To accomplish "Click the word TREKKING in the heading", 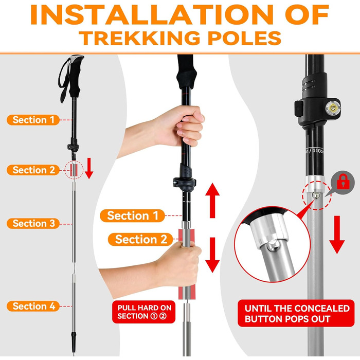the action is [x=141, y=38].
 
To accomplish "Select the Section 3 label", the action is [x=33, y=223].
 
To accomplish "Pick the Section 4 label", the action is [x=33, y=307].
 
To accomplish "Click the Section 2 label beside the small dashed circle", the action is [x=33, y=170].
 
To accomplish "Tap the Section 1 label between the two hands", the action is [x=133, y=215].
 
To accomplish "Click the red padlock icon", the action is [x=343, y=182].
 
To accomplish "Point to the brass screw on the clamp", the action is [x=333, y=107].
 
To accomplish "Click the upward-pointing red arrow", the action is [x=212, y=200].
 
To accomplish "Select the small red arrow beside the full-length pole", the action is [x=89, y=168].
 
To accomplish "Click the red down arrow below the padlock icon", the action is [x=337, y=235].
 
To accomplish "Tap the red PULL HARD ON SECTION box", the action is [x=143, y=312].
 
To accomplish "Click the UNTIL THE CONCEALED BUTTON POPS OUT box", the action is [x=296, y=313].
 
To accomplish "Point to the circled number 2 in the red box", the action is [x=163, y=316].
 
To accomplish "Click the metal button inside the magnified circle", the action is [x=273, y=246].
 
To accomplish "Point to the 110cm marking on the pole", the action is [x=318, y=151].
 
